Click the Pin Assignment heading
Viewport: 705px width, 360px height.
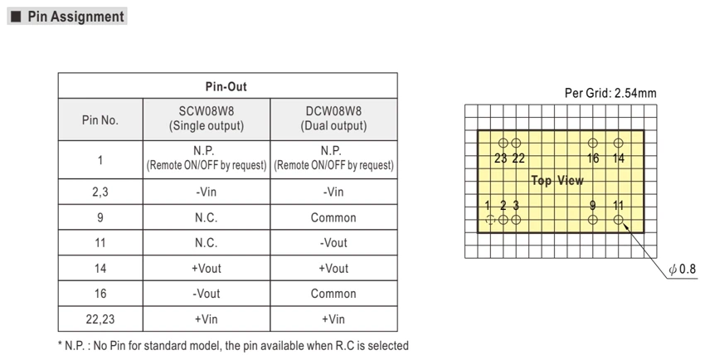(75, 17)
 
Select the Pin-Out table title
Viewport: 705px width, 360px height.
(226, 86)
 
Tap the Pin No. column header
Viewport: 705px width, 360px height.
(100, 120)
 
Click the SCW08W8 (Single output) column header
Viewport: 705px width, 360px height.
(207, 119)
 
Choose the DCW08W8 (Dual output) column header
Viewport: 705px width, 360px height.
(333, 119)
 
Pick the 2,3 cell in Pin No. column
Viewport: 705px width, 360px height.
(100, 192)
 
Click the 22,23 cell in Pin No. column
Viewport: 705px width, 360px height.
(100, 319)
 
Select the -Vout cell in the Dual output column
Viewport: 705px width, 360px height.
(333, 243)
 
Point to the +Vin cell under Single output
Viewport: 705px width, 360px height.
(207, 319)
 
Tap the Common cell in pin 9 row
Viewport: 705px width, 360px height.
(333, 217)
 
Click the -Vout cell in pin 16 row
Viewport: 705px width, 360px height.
(207, 294)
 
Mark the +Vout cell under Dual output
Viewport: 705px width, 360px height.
(333, 268)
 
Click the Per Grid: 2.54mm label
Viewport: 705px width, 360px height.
(610, 93)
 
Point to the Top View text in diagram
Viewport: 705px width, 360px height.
(557, 181)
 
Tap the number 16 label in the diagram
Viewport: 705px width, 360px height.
(593, 158)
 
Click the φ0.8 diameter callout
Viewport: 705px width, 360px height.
(683, 269)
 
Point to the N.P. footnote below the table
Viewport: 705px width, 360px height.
(233, 346)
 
